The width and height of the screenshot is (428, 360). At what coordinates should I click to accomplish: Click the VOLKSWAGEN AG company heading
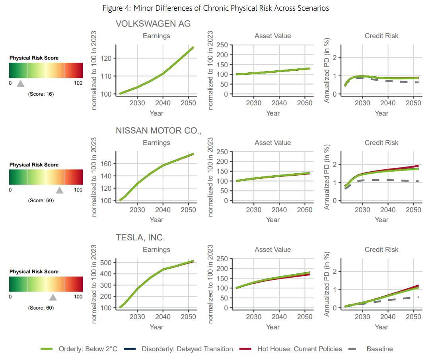pyautogui.click(x=153, y=24)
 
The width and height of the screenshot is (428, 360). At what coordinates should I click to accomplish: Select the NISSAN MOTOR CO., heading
pyautogui.click(x=159, y=131)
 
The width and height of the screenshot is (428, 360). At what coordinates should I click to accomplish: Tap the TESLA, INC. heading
pyautogui.click(x=140, y=238)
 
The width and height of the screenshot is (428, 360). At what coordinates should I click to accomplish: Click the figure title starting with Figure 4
pyautogui.click(x=216, y=8)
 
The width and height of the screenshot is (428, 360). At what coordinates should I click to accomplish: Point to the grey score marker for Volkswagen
pyautogui.click(x=21, y=83)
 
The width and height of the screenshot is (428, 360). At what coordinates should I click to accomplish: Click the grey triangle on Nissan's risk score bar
pyautogui.click(x=60, y=190)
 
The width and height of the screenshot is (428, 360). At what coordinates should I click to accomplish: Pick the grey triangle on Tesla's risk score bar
pyautogui.click(x=53, y=297)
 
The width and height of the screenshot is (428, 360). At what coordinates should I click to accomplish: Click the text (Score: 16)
pyautogui.click(x=41, y=94)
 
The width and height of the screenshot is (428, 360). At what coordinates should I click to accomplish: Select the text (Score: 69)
pyautogui.click(x=41, y=201)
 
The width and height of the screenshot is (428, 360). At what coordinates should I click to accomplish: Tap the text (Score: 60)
pyautogui.click(x=41, y=308)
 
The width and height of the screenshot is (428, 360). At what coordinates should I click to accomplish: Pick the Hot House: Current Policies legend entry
pyautogui.click(x=300, y=349)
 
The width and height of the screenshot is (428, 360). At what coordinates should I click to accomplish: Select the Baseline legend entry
pyautogui.click(x=379, y=349)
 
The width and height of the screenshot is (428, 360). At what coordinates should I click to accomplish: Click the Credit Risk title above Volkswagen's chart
pyautogui.click(x=381, y=36)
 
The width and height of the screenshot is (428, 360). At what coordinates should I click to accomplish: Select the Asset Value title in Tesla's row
pyautogui.click(x=272, y=250)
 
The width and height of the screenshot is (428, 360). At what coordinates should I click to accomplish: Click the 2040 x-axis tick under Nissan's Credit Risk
pyautogui.click(x=388, y=210)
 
